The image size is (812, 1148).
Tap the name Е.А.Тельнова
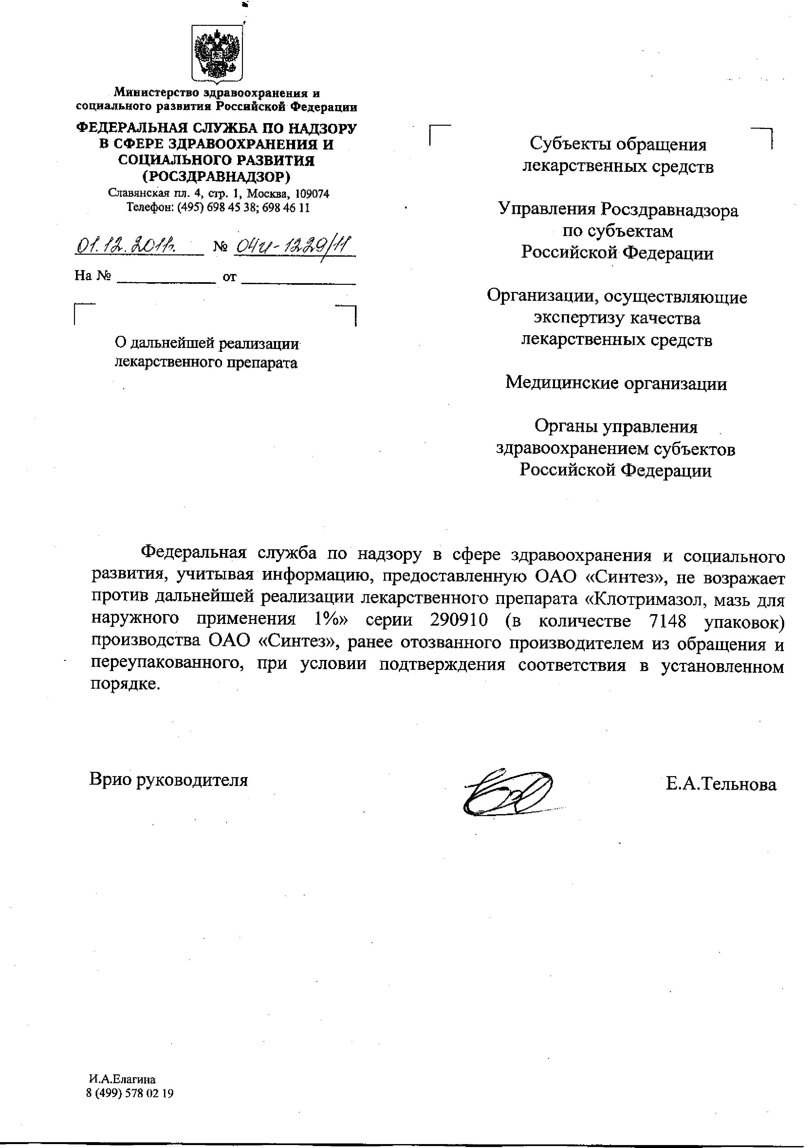(721, 784)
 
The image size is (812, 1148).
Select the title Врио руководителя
(169, 779)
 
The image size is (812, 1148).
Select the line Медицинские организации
(616, 384)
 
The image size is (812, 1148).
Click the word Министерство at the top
(157, 93)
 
